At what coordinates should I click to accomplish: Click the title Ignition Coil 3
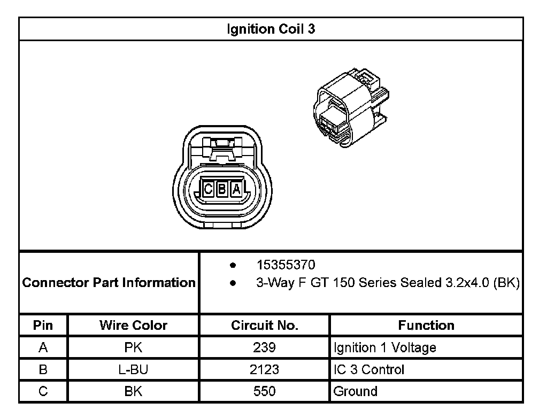[x=271, y=29]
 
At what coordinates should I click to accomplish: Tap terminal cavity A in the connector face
[x=236, y=189]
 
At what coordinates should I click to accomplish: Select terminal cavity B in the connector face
[x=222, y=189]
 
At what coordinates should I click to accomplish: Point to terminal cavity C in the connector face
[x=208, y=189]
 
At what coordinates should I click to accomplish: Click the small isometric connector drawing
[x=351, y=108]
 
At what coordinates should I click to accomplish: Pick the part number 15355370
[x=286, y=265]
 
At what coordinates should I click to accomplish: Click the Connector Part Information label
[x=109, y=283]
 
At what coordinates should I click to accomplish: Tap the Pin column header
[x=43, y=325]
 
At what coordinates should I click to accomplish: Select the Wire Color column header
[x=133, y=325]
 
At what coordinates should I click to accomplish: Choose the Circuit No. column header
[x=264, y=325]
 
